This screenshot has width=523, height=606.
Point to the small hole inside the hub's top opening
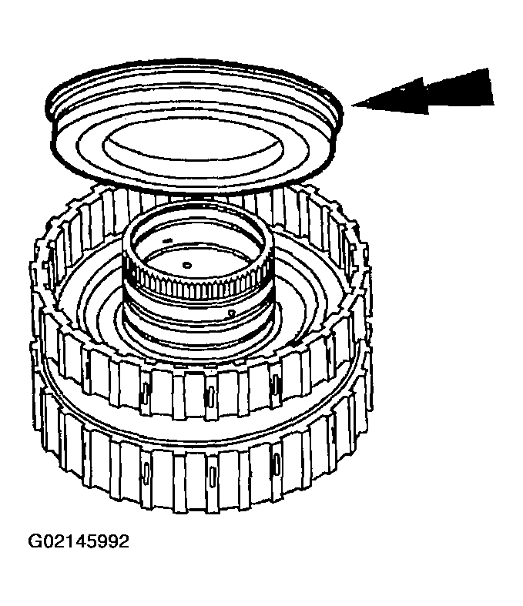(187, 264)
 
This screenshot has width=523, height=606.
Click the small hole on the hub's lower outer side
(231, 313)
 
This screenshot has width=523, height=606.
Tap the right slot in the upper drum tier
(274, 380)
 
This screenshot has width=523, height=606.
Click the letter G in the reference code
(35, 541)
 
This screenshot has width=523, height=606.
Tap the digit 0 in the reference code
(48, 541)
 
